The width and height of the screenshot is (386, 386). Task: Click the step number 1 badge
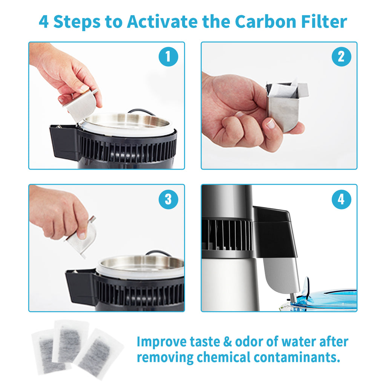168,57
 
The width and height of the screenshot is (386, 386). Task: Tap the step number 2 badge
341,57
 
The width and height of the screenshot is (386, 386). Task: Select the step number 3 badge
168,199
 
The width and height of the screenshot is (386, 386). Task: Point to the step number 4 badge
341,199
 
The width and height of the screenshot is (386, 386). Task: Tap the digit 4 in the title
44,21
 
